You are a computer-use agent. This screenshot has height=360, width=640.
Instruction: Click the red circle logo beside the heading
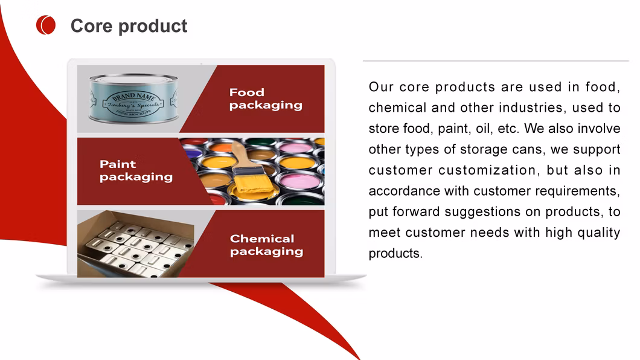click(46, 25)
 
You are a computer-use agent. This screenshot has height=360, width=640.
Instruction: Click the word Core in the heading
click(91, 26)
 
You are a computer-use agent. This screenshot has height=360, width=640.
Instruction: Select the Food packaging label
click(266, 99)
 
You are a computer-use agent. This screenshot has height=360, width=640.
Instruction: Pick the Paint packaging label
click(136, 170)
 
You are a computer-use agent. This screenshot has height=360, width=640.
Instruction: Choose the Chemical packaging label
click(266, 245)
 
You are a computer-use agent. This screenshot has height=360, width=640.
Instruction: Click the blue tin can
click(133, 98)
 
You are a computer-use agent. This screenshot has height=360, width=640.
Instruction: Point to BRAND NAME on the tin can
click(134, 97)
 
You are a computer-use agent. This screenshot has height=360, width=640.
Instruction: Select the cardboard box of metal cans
click(135, 243)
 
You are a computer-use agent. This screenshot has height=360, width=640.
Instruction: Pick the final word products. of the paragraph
click(395, 254)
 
